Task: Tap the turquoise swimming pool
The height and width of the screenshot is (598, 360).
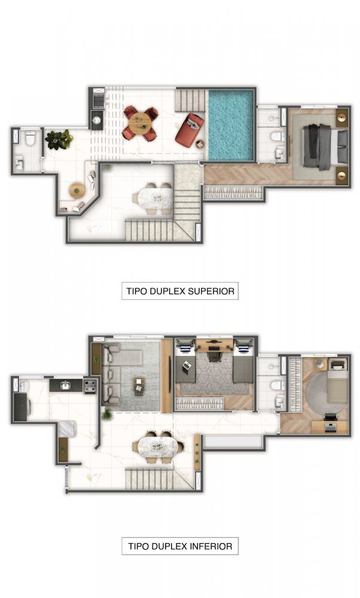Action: [230, 125]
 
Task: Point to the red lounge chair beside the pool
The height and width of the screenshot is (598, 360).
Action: [190, 129]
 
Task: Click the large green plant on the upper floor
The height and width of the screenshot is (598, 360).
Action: [59, 139]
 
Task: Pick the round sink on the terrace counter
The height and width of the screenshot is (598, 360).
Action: [97, 120]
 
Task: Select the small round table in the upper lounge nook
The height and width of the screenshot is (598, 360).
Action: [77, 191]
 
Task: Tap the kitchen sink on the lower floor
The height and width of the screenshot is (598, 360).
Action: [66, 386]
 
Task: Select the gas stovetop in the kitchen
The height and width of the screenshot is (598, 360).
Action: [90, 386]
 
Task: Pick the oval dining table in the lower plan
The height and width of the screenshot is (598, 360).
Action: [158, 447]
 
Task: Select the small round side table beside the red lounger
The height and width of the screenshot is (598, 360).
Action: [200, 145]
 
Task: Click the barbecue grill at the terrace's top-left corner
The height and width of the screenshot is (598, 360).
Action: [99, 100]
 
